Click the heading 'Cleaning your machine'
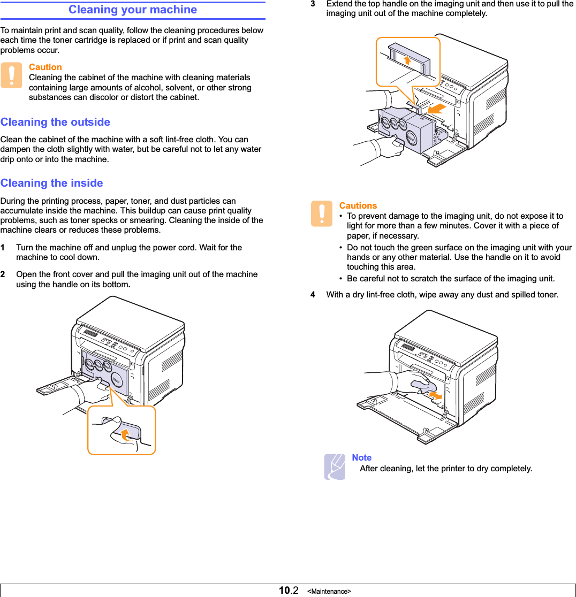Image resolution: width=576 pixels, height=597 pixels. click(133, 10)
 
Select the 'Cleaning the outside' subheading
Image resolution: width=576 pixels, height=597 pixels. click(55, 122)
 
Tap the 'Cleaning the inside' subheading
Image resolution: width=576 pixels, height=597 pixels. click(51, 183)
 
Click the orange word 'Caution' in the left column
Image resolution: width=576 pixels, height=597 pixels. click(45, 67)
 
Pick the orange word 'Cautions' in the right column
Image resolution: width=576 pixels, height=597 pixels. click(358, 205)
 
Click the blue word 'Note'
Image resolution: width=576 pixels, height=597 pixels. click(361, 457)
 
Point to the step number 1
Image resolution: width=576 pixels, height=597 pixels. click(3, 248)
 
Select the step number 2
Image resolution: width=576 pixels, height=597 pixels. click(3, 274)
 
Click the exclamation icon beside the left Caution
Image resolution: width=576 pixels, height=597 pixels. click(11, 75)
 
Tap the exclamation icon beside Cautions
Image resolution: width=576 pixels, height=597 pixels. click(321, 213)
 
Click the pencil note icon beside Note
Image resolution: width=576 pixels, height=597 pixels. click(335, 466)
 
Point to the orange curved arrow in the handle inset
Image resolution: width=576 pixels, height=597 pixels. click(125, 434)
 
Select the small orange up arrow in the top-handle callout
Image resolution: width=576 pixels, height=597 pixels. click(407, 59)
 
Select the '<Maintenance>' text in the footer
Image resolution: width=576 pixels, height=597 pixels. click(329, 591)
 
